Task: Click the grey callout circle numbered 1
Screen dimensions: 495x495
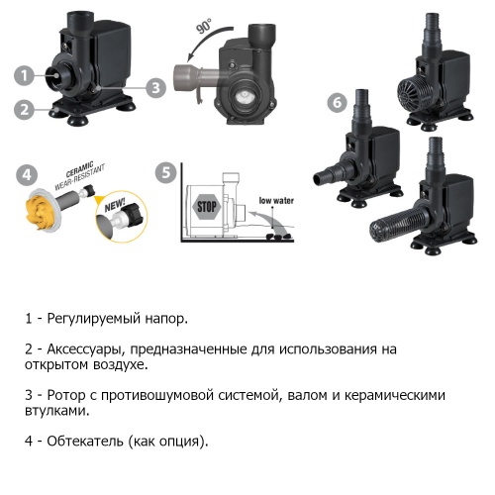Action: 24,75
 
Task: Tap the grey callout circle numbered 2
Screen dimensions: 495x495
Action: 24,109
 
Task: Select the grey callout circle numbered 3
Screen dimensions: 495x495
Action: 155,88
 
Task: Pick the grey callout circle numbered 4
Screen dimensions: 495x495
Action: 27,174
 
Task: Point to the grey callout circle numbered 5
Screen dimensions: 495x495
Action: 166,172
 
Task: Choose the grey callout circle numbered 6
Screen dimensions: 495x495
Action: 337,102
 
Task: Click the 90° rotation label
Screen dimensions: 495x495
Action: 204,26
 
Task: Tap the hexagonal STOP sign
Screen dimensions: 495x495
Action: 207,207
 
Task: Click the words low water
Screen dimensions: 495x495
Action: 276,201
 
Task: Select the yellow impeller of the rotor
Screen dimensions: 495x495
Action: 38,209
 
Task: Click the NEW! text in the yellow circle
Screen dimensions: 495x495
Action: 115,205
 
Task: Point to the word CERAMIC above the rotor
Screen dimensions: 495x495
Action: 80,169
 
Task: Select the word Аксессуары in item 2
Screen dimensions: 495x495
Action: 86,349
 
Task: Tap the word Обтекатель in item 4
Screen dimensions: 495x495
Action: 85,441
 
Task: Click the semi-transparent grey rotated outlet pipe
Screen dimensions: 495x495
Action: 197,77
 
